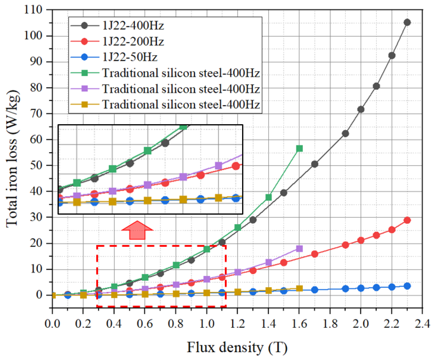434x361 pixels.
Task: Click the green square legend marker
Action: point(85,73)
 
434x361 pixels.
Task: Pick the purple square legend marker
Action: point(85,89)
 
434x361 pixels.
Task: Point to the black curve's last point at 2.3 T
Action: point(407,22)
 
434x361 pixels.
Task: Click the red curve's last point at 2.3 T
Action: point(407,220)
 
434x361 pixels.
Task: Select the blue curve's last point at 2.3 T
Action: point(407,286)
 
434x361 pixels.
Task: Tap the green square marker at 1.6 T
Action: point(299,148)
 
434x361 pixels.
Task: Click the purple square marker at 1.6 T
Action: point(299,248)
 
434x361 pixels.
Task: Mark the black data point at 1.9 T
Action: point(345,134)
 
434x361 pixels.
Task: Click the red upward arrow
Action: point(137,230)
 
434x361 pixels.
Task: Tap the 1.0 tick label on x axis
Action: point(207,324)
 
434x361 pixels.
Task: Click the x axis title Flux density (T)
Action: point(237,348)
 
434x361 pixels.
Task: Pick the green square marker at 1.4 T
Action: point(269,197)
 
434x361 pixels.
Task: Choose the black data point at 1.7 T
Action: point(315,164)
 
